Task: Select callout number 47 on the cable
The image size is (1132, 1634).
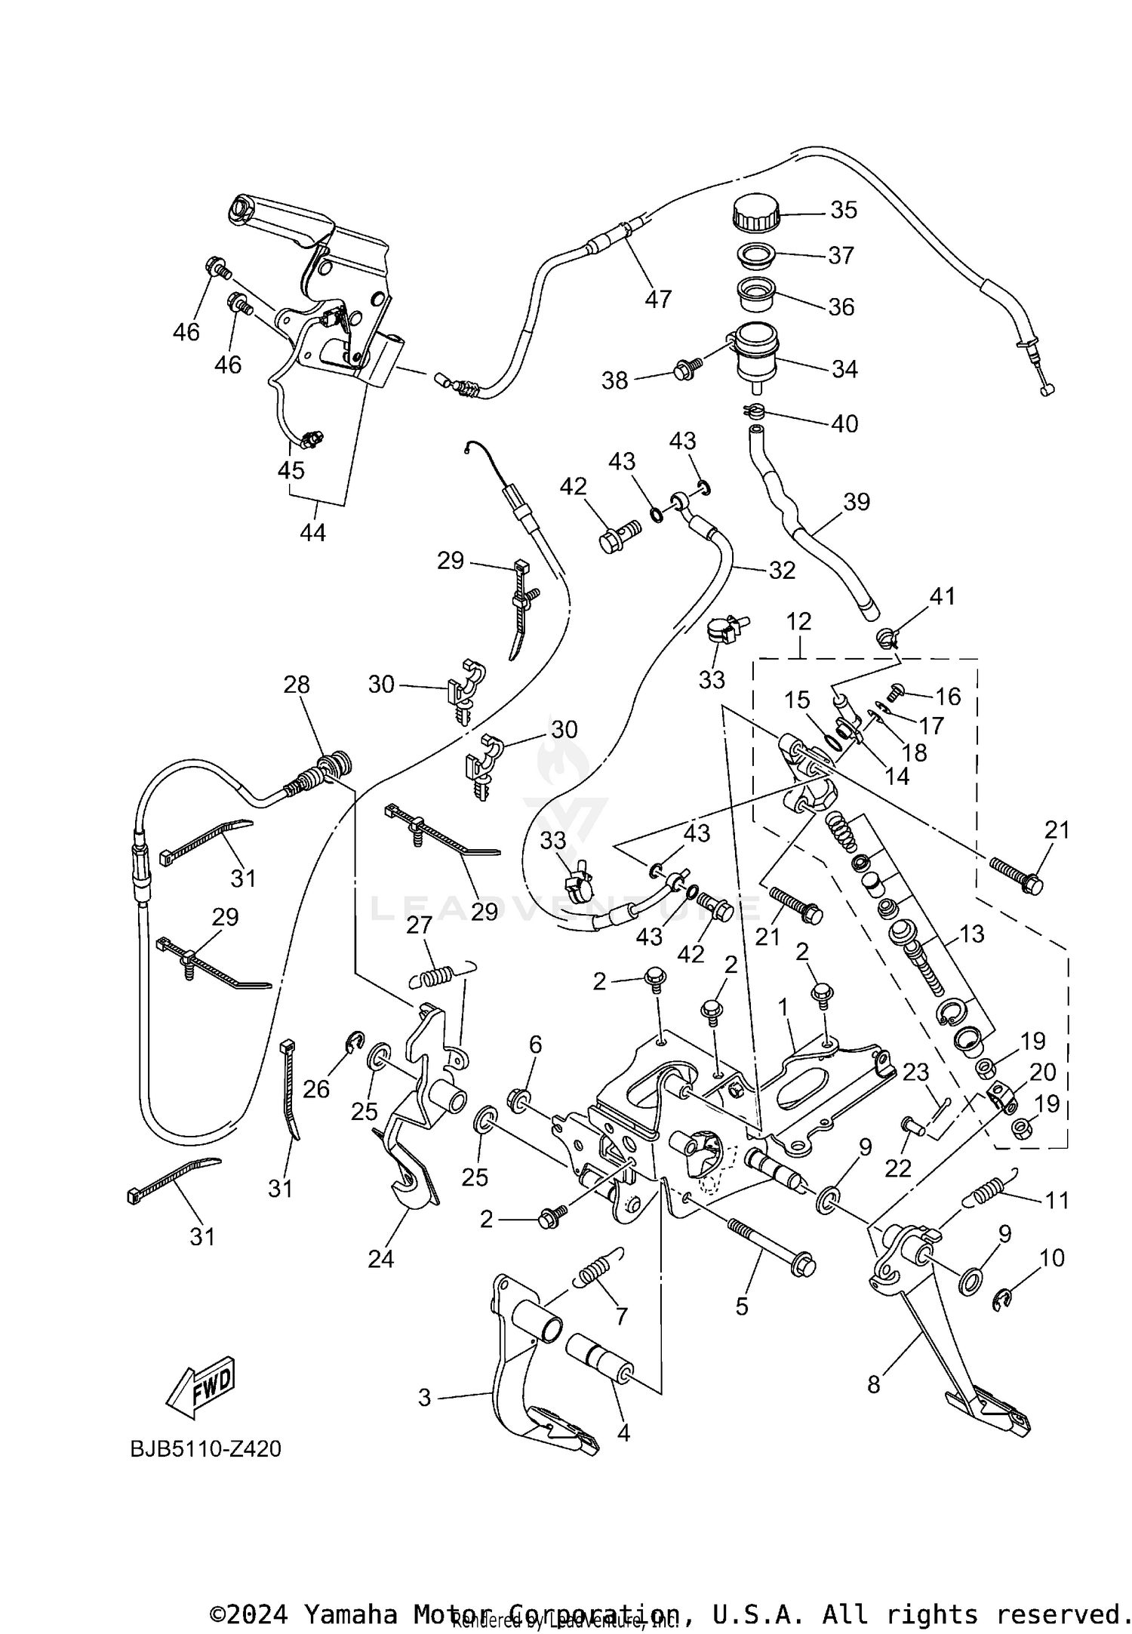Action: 658,300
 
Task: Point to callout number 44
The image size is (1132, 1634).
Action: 312,533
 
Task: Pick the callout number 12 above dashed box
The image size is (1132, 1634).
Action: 798,622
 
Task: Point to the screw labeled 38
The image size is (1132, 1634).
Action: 688,369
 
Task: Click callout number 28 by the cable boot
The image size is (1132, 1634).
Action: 297,685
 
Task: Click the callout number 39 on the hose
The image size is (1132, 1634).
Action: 857,502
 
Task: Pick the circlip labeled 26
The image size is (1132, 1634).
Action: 356,1042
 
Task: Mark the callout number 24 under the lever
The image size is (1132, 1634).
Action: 380,1258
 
